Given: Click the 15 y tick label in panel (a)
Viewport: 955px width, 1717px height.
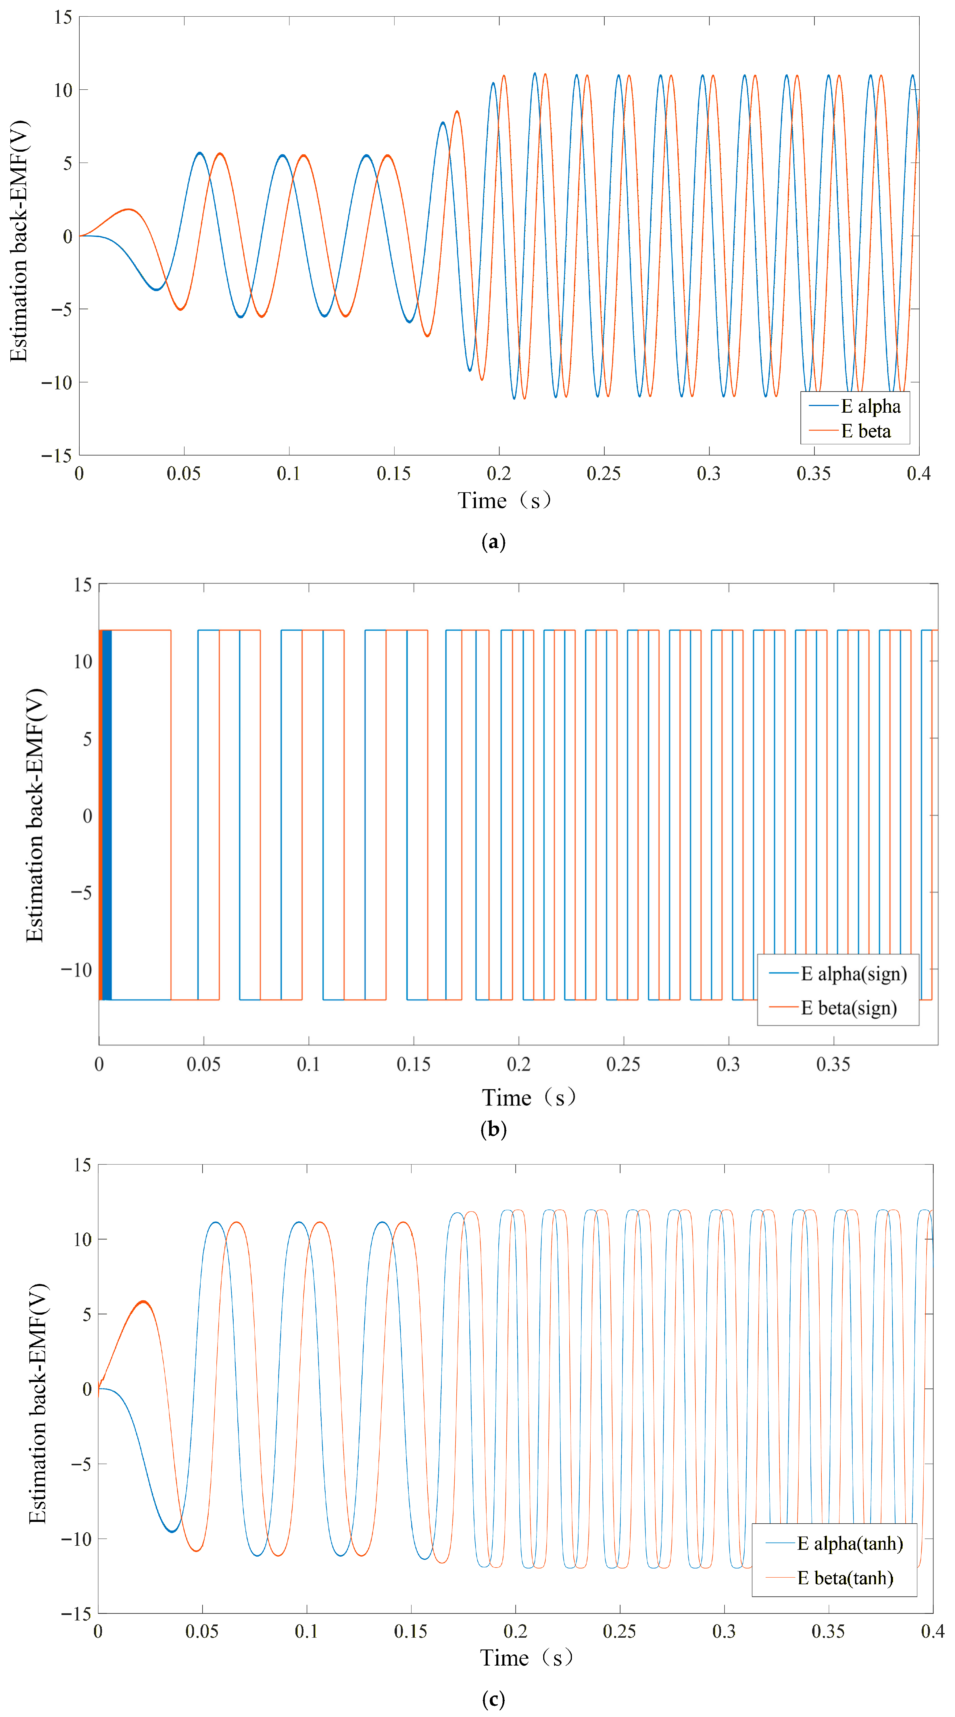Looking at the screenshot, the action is (63, 17).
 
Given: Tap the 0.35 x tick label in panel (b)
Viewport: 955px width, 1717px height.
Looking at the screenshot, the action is (833, 1064).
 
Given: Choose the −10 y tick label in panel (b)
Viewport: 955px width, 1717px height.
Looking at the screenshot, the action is (77, 969).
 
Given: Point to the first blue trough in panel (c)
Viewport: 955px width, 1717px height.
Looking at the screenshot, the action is (172, 1531).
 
